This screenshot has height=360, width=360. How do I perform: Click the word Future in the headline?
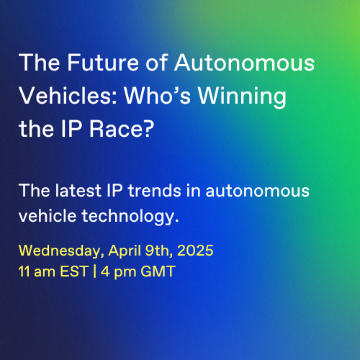tap(103, 63)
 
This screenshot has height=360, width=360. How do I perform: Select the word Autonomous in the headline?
tap(244, 63)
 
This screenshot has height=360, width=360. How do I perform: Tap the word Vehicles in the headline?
tap(68, 96)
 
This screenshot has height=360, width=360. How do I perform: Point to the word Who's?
tap(157, 96)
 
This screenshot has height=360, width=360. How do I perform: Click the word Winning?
tap(242, 97)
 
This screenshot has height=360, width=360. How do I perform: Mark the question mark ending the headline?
tap(146, 129)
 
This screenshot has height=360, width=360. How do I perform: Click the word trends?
tap(155, 191)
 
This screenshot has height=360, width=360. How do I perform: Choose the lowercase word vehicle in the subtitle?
tap(48, 215)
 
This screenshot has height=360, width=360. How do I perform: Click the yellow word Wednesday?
tap(60, 251)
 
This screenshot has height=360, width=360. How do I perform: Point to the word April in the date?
tap(125, 251)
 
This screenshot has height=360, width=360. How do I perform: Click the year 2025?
tap(195, 251)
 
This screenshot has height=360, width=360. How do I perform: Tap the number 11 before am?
tap(24, 271)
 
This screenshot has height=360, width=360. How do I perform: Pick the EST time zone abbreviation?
tap(74, 271)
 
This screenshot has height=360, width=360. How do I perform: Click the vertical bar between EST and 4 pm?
tap(95, 271)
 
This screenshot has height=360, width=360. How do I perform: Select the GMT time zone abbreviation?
tap(158, 271)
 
